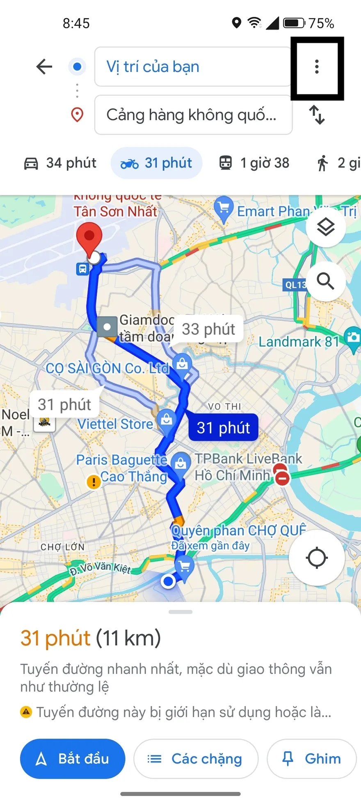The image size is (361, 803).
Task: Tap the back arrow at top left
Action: tap(44, 67)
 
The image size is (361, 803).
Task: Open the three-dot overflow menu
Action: tap(317, 67)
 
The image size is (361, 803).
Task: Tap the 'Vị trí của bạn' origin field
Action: tap(193, 67)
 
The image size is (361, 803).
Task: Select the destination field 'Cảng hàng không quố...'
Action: tap(193, 115)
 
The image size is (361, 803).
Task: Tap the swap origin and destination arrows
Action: tap(317, 115)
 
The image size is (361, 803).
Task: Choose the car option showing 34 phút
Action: tap(60, 163)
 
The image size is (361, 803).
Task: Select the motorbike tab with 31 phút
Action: tap(156, 163)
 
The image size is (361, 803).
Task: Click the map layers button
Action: tap(326, 227)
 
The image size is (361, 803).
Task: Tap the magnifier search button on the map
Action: tap(326, 282)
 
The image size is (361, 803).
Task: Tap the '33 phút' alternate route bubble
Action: tap(208, 329)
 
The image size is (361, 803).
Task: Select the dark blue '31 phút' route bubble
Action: tap(223, 428)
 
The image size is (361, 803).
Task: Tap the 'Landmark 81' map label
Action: tap(299, 342)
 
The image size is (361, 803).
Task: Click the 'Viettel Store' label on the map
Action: tap(115, 424)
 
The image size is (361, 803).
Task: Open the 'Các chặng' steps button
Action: tap(196, 759)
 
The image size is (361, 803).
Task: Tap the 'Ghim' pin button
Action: tap(311, 759)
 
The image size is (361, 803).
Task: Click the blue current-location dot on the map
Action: tap(168, 581)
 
